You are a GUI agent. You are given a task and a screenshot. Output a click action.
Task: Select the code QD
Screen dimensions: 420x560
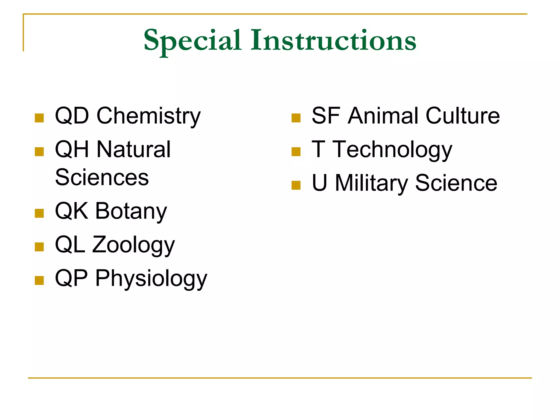coord(72,116)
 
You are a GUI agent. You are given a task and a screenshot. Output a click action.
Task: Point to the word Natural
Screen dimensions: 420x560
coord(134,149)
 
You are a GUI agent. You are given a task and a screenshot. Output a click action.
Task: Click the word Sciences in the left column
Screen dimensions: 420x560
coord(102,177)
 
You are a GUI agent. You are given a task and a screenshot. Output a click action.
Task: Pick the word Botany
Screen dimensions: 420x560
coord(131,211)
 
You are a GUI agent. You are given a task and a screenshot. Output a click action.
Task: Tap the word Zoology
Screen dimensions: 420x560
coord(133,245)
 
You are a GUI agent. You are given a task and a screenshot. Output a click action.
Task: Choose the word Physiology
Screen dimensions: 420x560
coord(151,279)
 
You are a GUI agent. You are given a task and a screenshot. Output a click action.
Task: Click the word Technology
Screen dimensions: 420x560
coord(392,150)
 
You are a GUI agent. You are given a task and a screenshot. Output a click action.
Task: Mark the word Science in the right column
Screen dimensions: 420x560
coord(456,183)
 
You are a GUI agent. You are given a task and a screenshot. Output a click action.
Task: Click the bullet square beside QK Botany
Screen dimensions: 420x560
coord(39,213)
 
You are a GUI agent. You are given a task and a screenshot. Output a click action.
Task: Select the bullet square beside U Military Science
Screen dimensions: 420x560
coord(296,185)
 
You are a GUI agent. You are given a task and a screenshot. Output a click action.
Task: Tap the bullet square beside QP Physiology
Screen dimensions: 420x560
coord(39,281)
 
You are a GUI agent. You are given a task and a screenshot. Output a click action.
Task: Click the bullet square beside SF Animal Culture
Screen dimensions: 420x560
coord(296,118)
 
